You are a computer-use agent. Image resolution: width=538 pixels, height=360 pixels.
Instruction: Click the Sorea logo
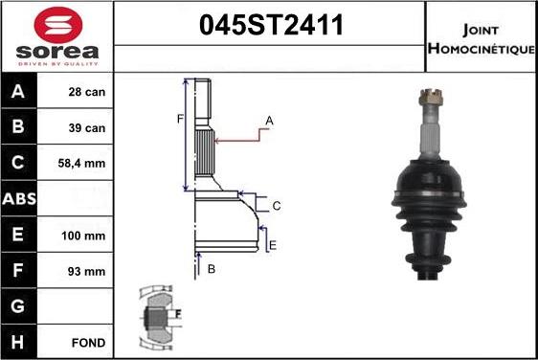coord(57,36)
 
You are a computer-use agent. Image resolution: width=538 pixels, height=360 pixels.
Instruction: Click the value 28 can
coord(86,93)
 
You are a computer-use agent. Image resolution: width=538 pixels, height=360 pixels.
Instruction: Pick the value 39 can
coord(86,127)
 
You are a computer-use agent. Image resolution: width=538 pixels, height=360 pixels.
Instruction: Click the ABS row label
coord(20,199)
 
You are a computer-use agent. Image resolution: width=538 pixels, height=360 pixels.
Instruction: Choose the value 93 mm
coord(86,271)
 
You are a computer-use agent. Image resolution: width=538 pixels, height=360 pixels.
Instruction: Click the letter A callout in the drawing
coord(270,121)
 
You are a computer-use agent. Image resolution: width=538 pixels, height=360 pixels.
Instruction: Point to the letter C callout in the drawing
coord(276,206)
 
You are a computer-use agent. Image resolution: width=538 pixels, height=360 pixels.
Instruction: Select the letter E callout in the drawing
coord(272,246)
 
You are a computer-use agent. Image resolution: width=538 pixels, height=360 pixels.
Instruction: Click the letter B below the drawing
coord(211,270)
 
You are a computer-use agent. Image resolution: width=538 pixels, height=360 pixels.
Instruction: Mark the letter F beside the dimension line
coord(178,120)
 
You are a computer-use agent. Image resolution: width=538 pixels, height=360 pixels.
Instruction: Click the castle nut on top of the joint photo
coord(429,97)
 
